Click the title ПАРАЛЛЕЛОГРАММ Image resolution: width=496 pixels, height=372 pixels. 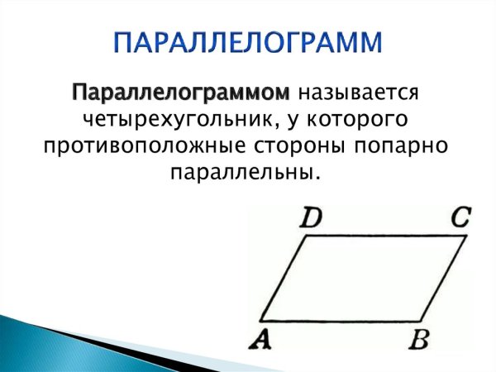click(x=248, y=42)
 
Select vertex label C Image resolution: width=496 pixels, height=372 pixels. click(x=460, y=217)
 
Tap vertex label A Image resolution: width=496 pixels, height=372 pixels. click(x=262, y=339)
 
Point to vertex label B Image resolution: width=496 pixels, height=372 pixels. click(x=418, y=340)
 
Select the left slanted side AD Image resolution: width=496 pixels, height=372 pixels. click(x=284, y=279)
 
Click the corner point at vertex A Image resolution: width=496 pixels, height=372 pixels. click(x=260, y=320)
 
